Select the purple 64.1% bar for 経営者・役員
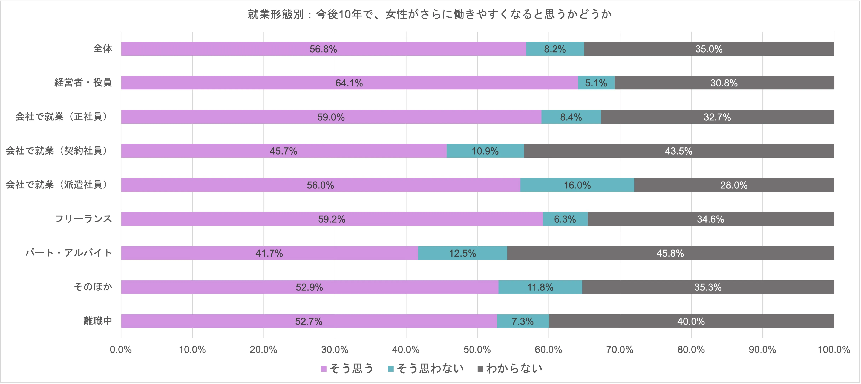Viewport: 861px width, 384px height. [349, 83]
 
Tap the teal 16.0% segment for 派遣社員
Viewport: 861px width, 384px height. [577, 185]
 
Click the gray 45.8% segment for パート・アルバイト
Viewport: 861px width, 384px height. [670, 253]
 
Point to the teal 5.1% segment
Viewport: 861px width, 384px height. [596, 83]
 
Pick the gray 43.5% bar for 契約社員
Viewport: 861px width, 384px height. [678, 151]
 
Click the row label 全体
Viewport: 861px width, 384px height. [103, 49]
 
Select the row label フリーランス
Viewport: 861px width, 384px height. [83, 219]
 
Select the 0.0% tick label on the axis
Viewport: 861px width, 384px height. [121, 350]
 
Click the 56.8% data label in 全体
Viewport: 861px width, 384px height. [323, 49]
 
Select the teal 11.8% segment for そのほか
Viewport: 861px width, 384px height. [540, 287]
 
